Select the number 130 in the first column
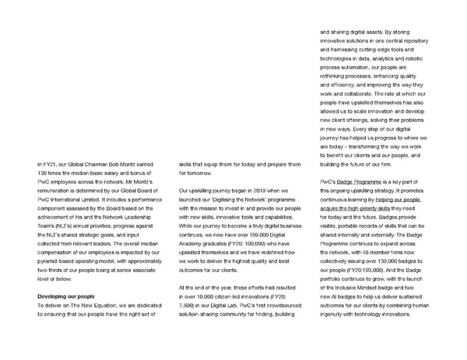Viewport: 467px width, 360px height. click(x=41, y=173)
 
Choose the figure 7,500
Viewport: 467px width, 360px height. click(x=188, y=306)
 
